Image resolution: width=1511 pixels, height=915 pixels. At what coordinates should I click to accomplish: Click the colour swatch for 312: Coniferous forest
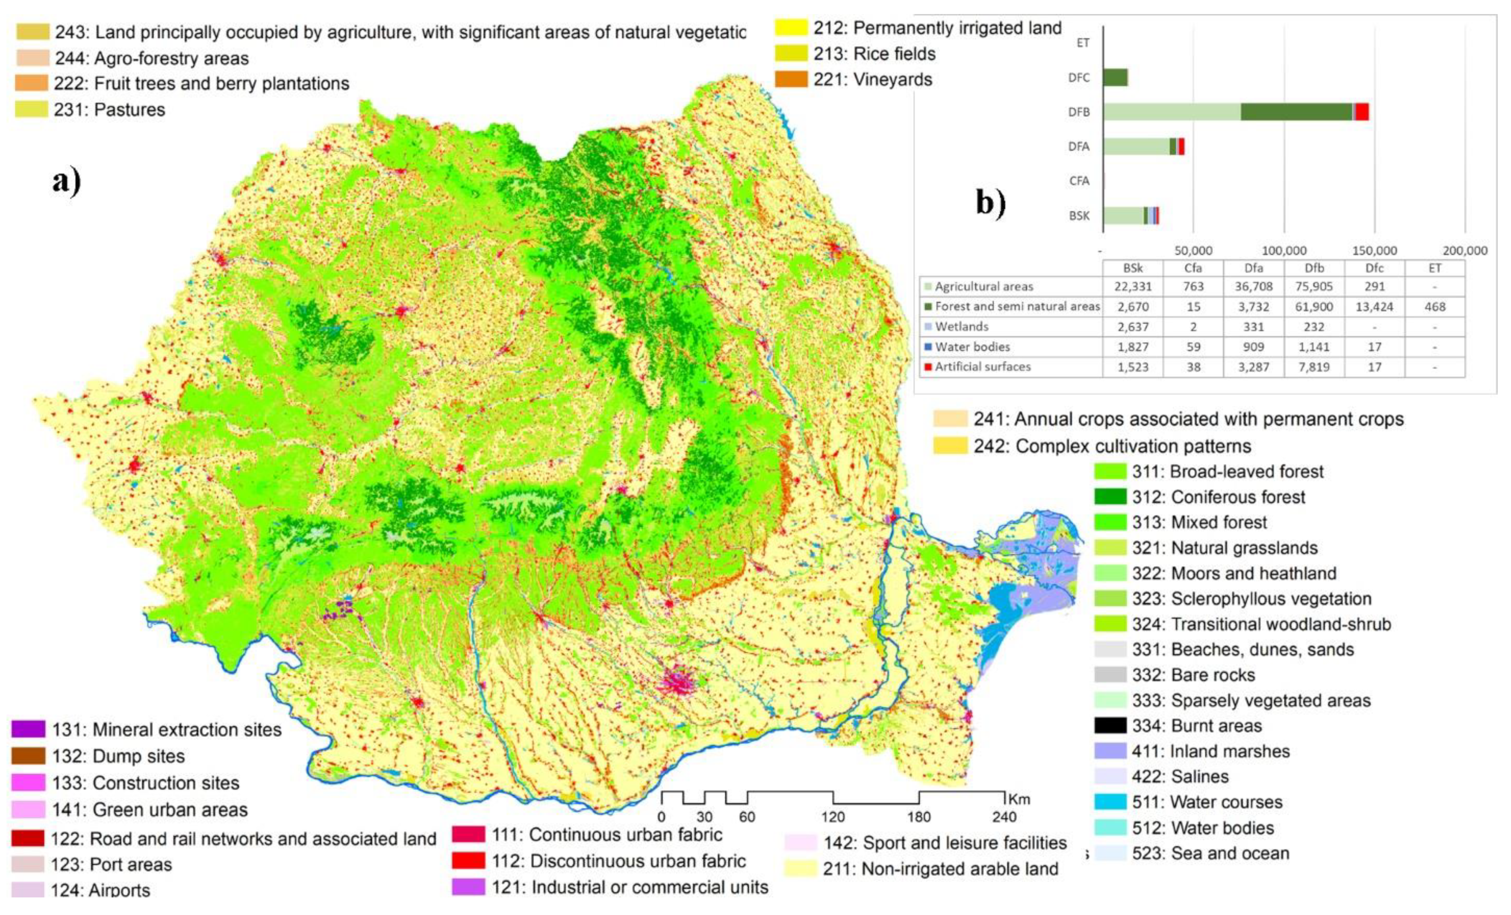(1110, 496)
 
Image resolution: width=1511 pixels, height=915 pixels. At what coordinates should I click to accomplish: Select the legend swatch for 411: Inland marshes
(1110, 751)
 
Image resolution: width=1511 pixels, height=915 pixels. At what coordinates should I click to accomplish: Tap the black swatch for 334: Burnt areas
(1110, 726)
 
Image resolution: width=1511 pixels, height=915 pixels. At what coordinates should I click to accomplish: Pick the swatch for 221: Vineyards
(791, 79)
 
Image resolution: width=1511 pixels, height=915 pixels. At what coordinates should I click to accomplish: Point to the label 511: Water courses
(1207, 802)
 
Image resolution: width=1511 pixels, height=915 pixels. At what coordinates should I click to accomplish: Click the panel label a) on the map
(66, 181)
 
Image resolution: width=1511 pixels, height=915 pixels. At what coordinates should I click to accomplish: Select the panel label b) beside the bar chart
(990, 202)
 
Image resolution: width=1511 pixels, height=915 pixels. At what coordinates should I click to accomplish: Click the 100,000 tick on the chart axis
(1283, 250)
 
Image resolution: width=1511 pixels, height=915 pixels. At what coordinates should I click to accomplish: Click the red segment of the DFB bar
(1361, 112)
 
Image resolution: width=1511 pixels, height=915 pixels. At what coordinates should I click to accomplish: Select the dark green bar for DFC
(1115, 77)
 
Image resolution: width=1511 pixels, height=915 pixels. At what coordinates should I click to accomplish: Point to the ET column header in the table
(1435, 268)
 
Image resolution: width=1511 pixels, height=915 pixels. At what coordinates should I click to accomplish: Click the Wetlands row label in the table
(961, 326)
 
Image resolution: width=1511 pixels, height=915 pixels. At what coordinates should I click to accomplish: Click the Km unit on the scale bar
(1019, 799)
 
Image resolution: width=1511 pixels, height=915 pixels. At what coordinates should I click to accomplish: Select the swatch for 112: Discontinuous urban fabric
(469, 861)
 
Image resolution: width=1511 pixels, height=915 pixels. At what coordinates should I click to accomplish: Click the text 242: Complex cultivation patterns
(1112, 446)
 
